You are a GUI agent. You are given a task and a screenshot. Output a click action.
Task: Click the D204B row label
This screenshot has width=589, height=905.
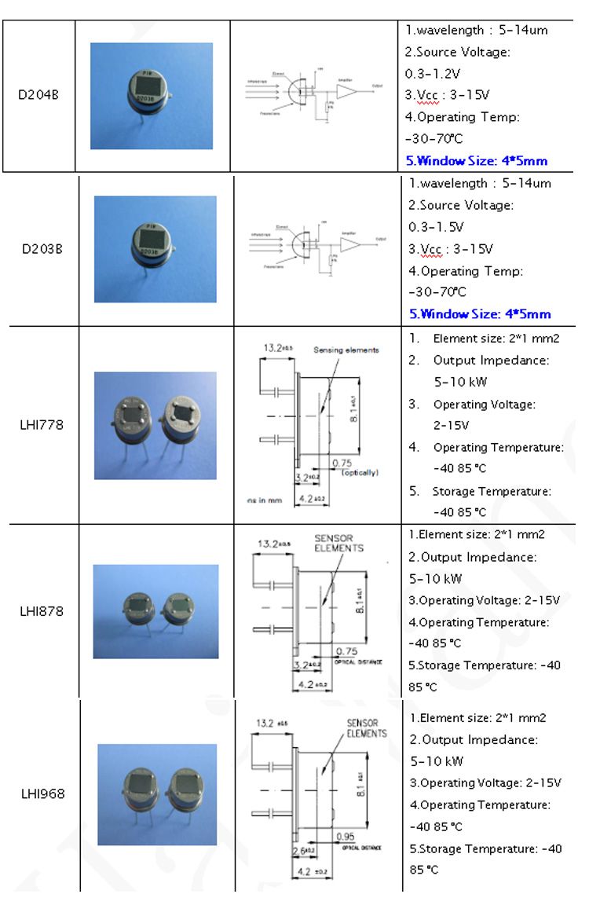(38, 96)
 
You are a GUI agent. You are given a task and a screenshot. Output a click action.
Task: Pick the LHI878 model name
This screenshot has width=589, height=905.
(42, 610)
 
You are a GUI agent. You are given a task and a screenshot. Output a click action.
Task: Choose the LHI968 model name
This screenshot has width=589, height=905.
(42, 793)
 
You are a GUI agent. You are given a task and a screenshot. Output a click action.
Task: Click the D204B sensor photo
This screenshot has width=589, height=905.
(152, 96)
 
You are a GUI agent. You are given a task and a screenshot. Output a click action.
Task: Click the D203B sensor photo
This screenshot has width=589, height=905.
(155, 249)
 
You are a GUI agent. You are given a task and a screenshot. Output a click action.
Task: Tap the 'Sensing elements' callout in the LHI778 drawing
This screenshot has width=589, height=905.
(346, 350)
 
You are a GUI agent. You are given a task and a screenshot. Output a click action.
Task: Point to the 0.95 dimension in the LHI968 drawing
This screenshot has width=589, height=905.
(345, 836)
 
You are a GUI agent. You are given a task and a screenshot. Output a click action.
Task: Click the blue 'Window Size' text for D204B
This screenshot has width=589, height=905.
(476, 160)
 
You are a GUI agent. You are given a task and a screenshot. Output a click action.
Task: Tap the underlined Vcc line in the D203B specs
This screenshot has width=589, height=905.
(451, 249)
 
